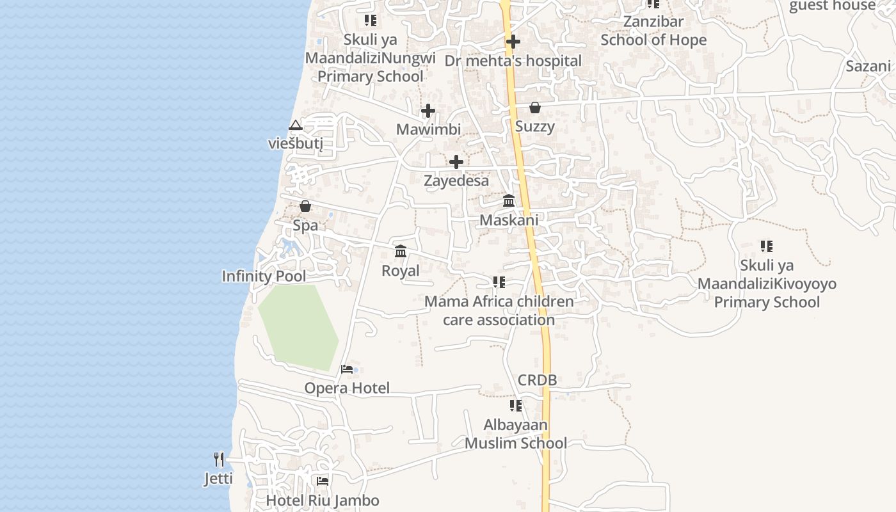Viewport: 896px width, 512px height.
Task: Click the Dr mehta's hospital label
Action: (x=513, y=61)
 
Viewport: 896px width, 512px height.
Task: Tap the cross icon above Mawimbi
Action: (x=428, y=111)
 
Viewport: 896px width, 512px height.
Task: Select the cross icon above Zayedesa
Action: (x=456, y=162)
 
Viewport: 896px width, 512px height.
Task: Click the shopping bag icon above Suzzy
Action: (x=535, y=108)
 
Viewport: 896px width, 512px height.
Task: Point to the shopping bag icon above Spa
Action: (x=305, y=206)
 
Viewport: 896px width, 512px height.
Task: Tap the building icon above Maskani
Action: (x=509, y=200)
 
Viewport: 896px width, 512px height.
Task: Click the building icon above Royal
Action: (x=401, y=251)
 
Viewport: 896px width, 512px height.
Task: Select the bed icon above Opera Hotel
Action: (x=347, y=369)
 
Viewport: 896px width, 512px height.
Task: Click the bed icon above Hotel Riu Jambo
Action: (x=323, y=481)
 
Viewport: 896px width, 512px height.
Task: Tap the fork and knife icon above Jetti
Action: (x=219, y=459)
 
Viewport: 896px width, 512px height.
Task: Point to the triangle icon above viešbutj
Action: (x=295, y=125)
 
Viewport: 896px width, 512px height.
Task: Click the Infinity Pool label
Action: (x=264, y=276)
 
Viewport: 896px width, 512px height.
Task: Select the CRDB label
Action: (x=537, y=380)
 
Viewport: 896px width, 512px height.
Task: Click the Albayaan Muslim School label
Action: (x=516, y=434)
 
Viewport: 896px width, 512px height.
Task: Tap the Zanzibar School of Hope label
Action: (x=653, y=31)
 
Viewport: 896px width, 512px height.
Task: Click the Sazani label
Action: (x=868, y=66)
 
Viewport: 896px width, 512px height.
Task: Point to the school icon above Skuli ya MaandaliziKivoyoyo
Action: (x=767, y=246)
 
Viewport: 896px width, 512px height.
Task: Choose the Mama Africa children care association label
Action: (x=499, y=310)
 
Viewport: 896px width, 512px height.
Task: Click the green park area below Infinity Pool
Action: (x=298, y=326)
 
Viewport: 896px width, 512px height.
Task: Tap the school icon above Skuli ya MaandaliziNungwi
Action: (x=371, y=20)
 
